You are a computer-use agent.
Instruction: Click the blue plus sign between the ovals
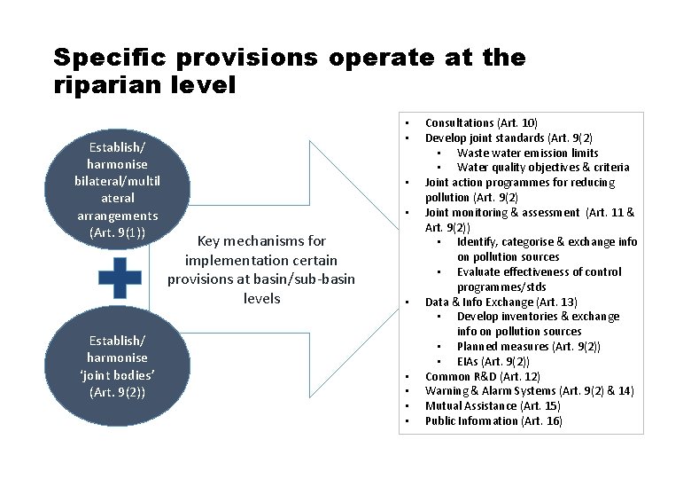[x=120, y=278]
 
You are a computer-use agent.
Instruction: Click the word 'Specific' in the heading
[x=113, y=58]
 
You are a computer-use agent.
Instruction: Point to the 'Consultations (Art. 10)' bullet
[x=481, y=122]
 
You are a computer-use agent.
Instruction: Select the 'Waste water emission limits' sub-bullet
[x=527, y=153]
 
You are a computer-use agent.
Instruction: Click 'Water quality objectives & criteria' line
[x=543, y=167]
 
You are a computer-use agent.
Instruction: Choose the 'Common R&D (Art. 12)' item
[x=483, y=376]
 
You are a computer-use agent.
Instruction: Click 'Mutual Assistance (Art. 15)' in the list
[x=493, y=406]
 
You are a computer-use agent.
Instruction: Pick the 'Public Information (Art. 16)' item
[x=493, y=421]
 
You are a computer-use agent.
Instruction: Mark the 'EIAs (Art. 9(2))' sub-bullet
[x=493, y=361]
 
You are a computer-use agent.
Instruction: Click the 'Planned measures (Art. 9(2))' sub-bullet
[x=528, y=346]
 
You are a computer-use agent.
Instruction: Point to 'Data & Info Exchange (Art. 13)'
[x=501, y=302]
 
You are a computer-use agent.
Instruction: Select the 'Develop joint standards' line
[x=509, y=137]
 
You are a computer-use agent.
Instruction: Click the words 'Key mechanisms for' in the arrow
[x=261, y=240]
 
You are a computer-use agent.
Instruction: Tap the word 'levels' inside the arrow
[x=261, y=298]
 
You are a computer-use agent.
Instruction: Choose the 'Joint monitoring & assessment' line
[x=528, y=212]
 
